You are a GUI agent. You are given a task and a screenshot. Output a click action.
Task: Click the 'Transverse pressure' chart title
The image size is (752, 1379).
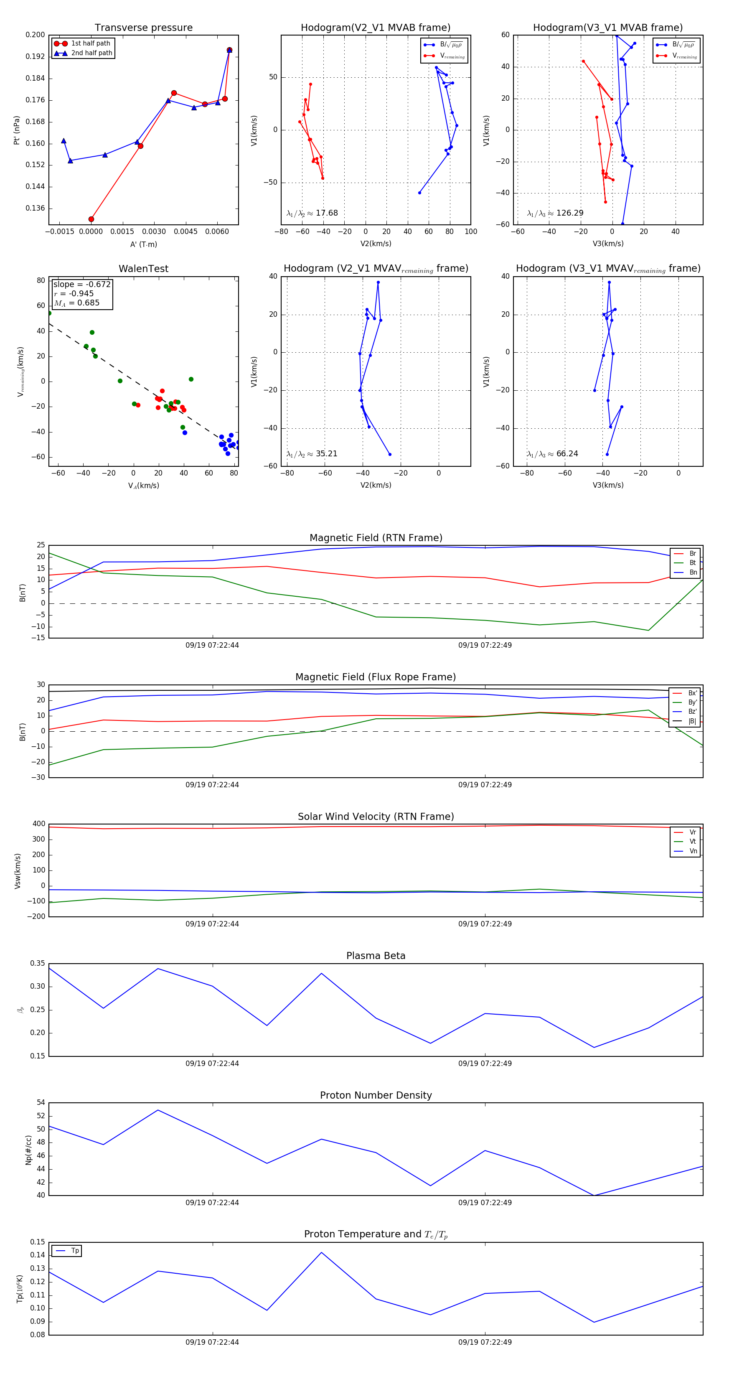coord(143,28)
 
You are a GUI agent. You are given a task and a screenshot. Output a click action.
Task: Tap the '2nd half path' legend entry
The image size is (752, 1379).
coord(91,53)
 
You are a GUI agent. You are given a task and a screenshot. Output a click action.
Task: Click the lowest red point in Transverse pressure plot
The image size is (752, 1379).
coord(91,219)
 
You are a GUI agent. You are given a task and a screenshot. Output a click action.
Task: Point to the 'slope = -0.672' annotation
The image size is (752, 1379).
coord(82,284)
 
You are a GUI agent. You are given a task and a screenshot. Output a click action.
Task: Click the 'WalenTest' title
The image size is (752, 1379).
coord(143,269)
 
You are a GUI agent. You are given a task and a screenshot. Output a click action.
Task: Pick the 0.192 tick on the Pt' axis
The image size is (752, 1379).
coord(36,56)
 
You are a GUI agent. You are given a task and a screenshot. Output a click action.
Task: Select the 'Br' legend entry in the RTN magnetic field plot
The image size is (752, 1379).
coord(692,554)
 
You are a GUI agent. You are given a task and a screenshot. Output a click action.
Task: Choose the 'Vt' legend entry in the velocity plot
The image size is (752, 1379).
coord(693,842)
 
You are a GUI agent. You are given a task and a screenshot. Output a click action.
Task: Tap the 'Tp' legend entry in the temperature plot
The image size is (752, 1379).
coord(75,1251)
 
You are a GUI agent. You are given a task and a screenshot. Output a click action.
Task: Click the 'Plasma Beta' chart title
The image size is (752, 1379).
coord(376,956)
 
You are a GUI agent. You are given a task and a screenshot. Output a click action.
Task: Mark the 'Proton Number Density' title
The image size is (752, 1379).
coord(376,1095)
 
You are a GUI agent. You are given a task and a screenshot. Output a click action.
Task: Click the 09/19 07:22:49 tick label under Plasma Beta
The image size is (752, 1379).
coord(485,1063)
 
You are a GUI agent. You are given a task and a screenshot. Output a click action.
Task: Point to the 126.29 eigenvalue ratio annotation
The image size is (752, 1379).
coord(569,213)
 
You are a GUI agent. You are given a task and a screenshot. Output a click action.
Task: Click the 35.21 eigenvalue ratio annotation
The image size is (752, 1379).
coord(326,454)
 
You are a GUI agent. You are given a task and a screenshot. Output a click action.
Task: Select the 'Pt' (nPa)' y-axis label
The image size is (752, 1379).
coord(17,130)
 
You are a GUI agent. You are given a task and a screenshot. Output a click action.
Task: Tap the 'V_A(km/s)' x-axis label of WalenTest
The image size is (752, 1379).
coord(143,486)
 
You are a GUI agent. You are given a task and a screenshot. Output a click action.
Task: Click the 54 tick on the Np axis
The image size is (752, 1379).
coord(41,1103)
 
